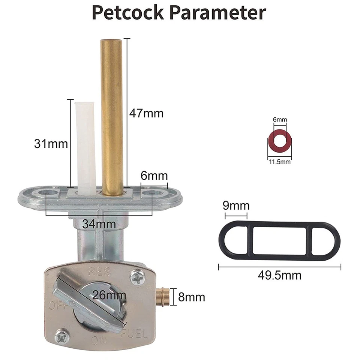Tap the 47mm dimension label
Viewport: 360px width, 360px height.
[146, 113]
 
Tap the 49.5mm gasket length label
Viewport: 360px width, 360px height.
[279, 275]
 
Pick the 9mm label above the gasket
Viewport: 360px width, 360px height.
[236, 205]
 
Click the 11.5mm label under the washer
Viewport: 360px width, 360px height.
[279, 162]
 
